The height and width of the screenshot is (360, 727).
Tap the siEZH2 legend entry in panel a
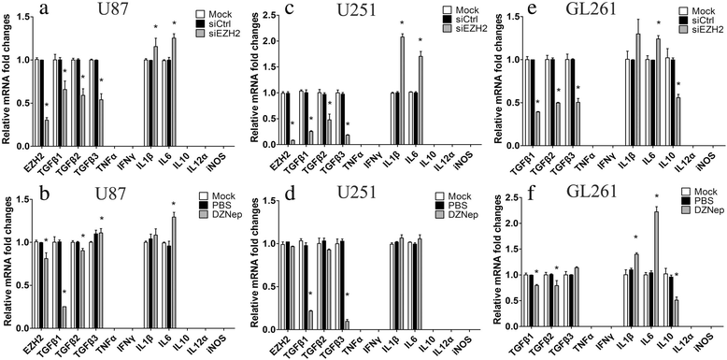pyautogui.click(x=211, y=34)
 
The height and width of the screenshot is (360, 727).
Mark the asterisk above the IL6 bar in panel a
pyautogui.click(x=174, y=27)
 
